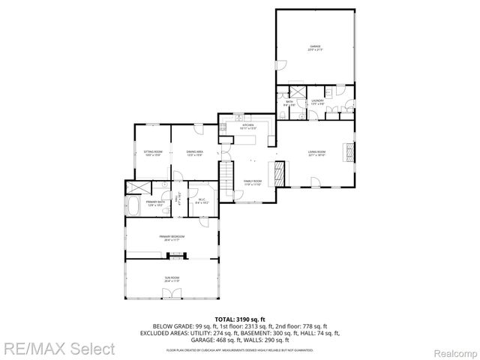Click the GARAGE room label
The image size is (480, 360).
(315, 47)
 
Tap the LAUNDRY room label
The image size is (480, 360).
(317, 101)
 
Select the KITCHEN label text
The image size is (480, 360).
(247, 127)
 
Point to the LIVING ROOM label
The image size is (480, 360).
(316, 154)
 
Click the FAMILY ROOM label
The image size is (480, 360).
(252, 182)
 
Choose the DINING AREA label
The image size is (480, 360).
(195, 154)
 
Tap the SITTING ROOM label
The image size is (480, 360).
(153, 154)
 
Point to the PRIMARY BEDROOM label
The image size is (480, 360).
(172, 238)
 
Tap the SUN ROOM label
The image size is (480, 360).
(172, 278)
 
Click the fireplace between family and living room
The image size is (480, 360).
(279, 174)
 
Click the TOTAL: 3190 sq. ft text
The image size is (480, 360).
(240, 319)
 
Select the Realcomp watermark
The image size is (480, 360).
(450, 349)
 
